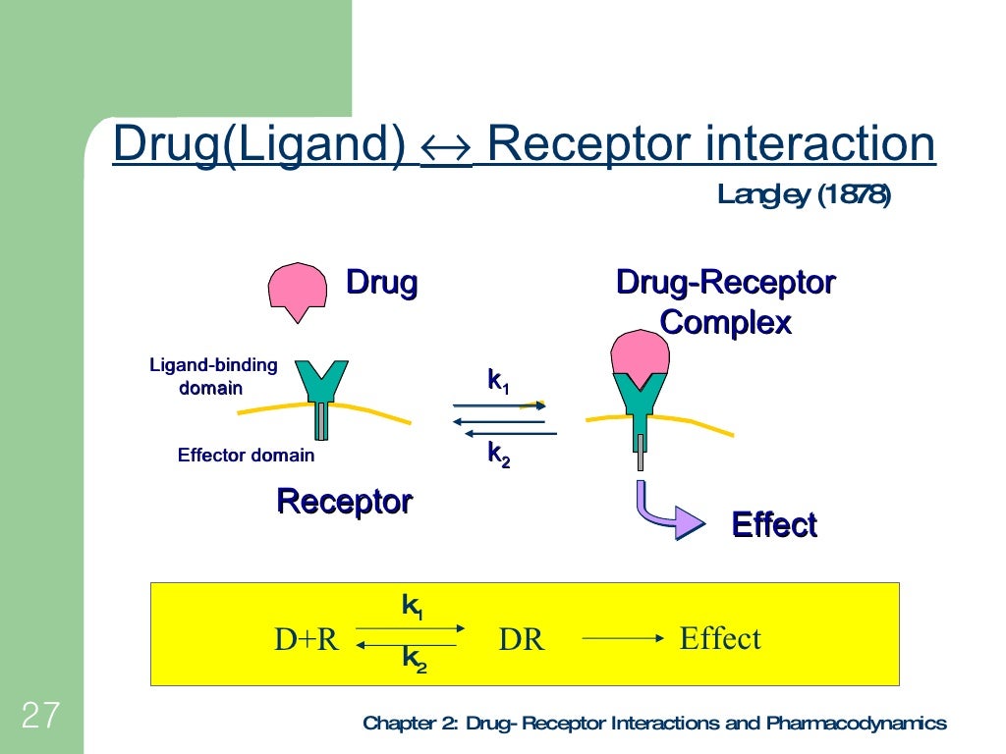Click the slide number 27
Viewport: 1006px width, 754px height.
(40, 716)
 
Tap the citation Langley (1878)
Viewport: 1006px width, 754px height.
(804, 195)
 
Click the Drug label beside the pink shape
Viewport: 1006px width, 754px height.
(381, 283)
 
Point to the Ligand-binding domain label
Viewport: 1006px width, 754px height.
(213, 376)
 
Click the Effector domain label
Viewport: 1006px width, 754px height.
(246, 455)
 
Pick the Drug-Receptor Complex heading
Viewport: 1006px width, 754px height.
(725, 301)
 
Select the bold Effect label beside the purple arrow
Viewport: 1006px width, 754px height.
(773, 525)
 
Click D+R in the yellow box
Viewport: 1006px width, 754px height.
(306, 640)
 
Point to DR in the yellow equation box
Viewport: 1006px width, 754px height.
(521, 640)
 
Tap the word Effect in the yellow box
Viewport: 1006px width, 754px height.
(720, 639)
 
